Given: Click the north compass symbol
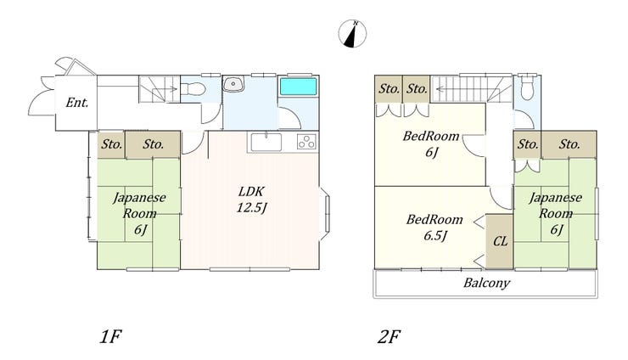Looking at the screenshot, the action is (352, 34).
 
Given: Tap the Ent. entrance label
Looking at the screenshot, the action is (77, 103).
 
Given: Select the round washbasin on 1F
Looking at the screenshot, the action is (232, 84).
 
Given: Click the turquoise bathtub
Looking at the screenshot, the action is (298, 87).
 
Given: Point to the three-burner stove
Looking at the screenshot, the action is (306, 142).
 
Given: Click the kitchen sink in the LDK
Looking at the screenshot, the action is (266, 143).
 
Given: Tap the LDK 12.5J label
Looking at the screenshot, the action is (251, 200).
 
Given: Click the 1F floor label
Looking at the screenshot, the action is (110, 337).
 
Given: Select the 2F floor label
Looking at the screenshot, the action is (389, 337).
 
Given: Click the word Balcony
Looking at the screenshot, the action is (486, 284).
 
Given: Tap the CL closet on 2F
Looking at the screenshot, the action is (500, 241).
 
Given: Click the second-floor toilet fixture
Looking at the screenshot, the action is (528, 87).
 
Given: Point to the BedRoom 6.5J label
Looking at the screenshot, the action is (435, 228).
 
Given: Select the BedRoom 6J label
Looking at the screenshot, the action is (431, 144).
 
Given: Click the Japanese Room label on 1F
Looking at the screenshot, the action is (139, 213).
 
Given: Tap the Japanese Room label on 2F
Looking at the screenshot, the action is (556, 213).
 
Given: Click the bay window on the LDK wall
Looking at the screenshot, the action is (325, 215).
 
